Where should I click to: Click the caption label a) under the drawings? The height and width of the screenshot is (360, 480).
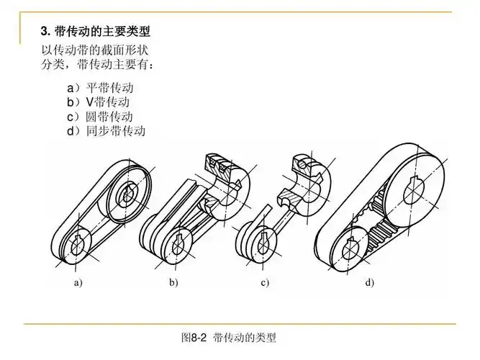(78, 282)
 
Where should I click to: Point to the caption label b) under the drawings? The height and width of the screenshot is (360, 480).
(173, 282)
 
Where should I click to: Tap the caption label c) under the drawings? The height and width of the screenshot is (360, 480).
(265, 282)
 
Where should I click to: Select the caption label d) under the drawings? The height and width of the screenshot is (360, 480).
(369, 282)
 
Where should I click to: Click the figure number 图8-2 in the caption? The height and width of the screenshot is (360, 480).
(194, 337)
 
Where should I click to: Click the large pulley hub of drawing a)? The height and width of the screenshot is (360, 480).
(130, 192)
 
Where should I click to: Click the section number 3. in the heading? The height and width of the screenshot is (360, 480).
(45, 32)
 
